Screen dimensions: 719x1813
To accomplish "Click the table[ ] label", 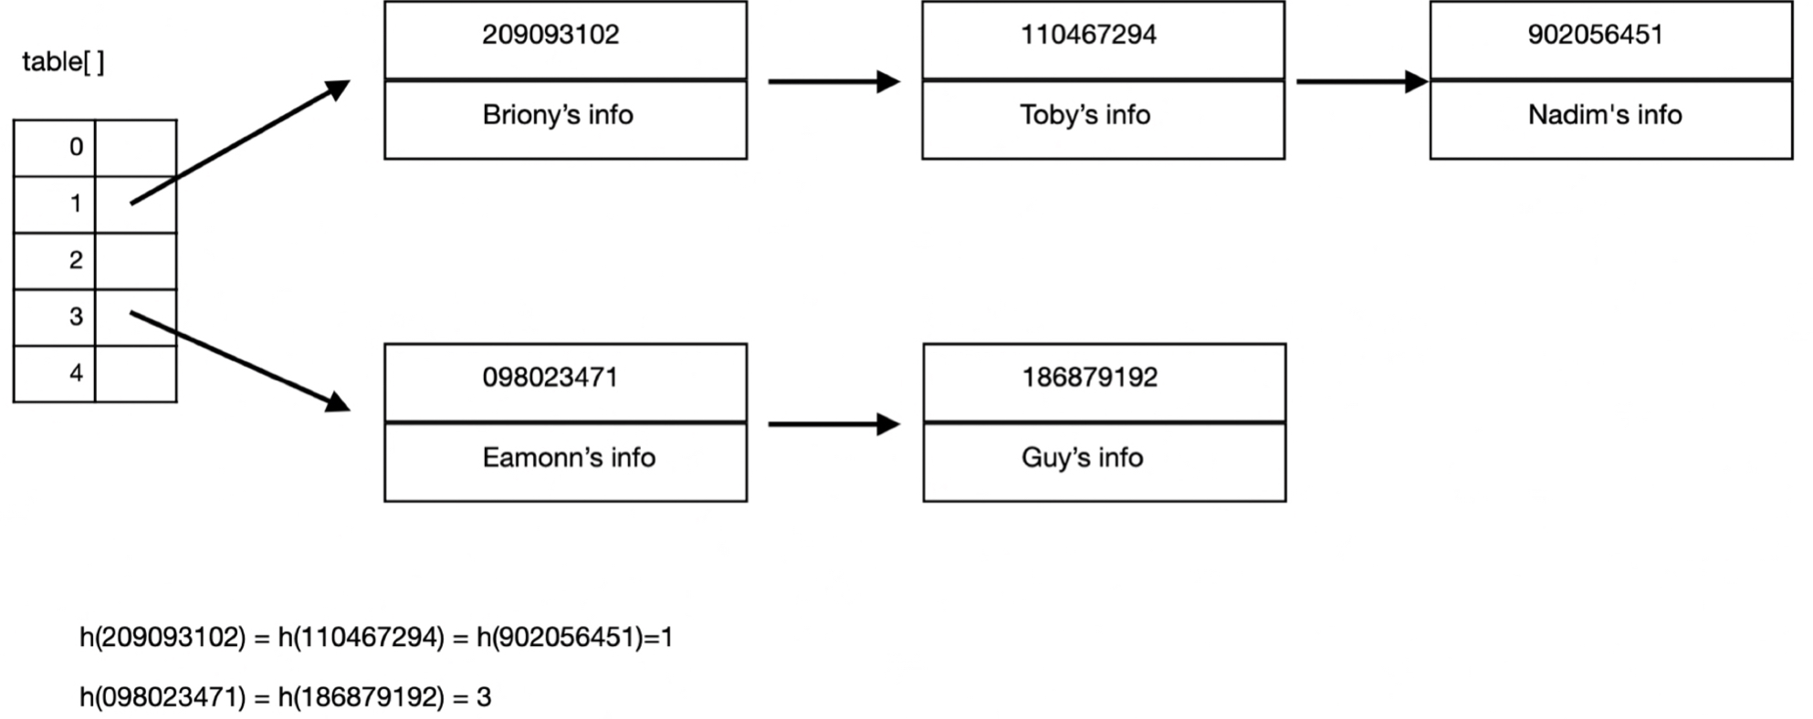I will coord(63,62).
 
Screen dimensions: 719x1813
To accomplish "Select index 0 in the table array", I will coord(76,147).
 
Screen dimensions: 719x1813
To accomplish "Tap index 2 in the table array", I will coord(76,260).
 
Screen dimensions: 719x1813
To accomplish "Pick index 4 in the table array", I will coord(76,373).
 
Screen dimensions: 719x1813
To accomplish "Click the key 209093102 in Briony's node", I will coord(550,35).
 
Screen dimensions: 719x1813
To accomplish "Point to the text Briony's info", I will coord(558,115).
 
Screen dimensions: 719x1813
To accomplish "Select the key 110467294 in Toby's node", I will coord(1088,35).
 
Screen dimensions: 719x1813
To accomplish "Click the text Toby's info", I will coord(1085,115).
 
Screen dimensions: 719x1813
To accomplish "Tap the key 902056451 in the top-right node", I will coord(1595,35).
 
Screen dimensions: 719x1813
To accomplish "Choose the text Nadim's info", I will coord(1605,115).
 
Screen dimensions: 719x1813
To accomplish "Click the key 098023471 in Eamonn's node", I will coord(550,378).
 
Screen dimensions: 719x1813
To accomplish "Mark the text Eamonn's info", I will coord(569,457).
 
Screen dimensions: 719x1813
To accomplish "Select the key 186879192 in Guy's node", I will coord(1089,378).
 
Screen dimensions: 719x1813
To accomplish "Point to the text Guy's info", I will coord(1082,457).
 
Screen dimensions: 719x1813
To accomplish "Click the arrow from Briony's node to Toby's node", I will coord(833,82).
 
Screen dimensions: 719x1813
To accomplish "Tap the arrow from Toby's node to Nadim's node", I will coord(1360,82).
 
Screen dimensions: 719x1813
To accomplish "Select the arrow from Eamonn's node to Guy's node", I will coord(833,424).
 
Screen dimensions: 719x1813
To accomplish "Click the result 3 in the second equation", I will coord(484,698).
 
